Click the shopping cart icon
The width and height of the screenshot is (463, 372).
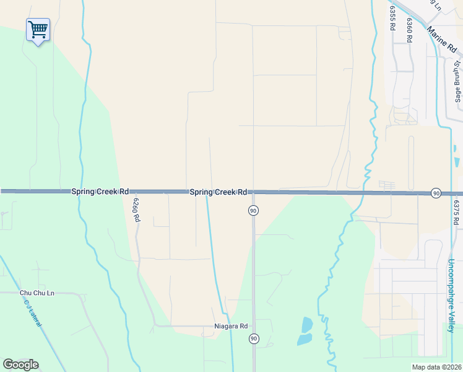38,30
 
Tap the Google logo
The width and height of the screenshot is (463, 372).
20,365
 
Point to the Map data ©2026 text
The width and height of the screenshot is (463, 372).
436,367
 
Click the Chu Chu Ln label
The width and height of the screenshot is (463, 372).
37,293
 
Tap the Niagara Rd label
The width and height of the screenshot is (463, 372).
231,326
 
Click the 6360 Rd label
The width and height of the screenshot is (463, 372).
409,29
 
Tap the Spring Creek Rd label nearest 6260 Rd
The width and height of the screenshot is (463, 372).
100,192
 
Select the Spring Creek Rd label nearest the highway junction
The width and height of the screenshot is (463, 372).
219,192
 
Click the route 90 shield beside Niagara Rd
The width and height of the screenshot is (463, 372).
254,339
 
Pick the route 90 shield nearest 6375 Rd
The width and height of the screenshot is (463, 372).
436,194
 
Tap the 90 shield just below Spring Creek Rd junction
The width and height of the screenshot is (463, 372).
253,211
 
